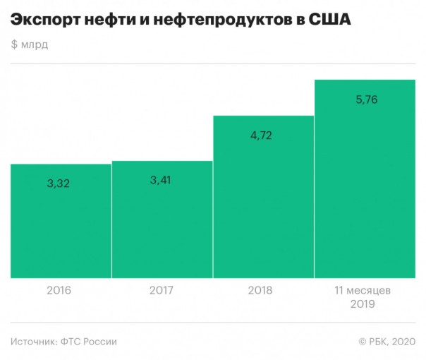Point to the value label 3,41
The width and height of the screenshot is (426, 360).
[162, 179]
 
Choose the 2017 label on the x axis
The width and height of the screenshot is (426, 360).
[162, 290]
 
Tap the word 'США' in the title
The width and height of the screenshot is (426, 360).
[330, 21]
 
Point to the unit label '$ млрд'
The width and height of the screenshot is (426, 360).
[30, 47]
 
